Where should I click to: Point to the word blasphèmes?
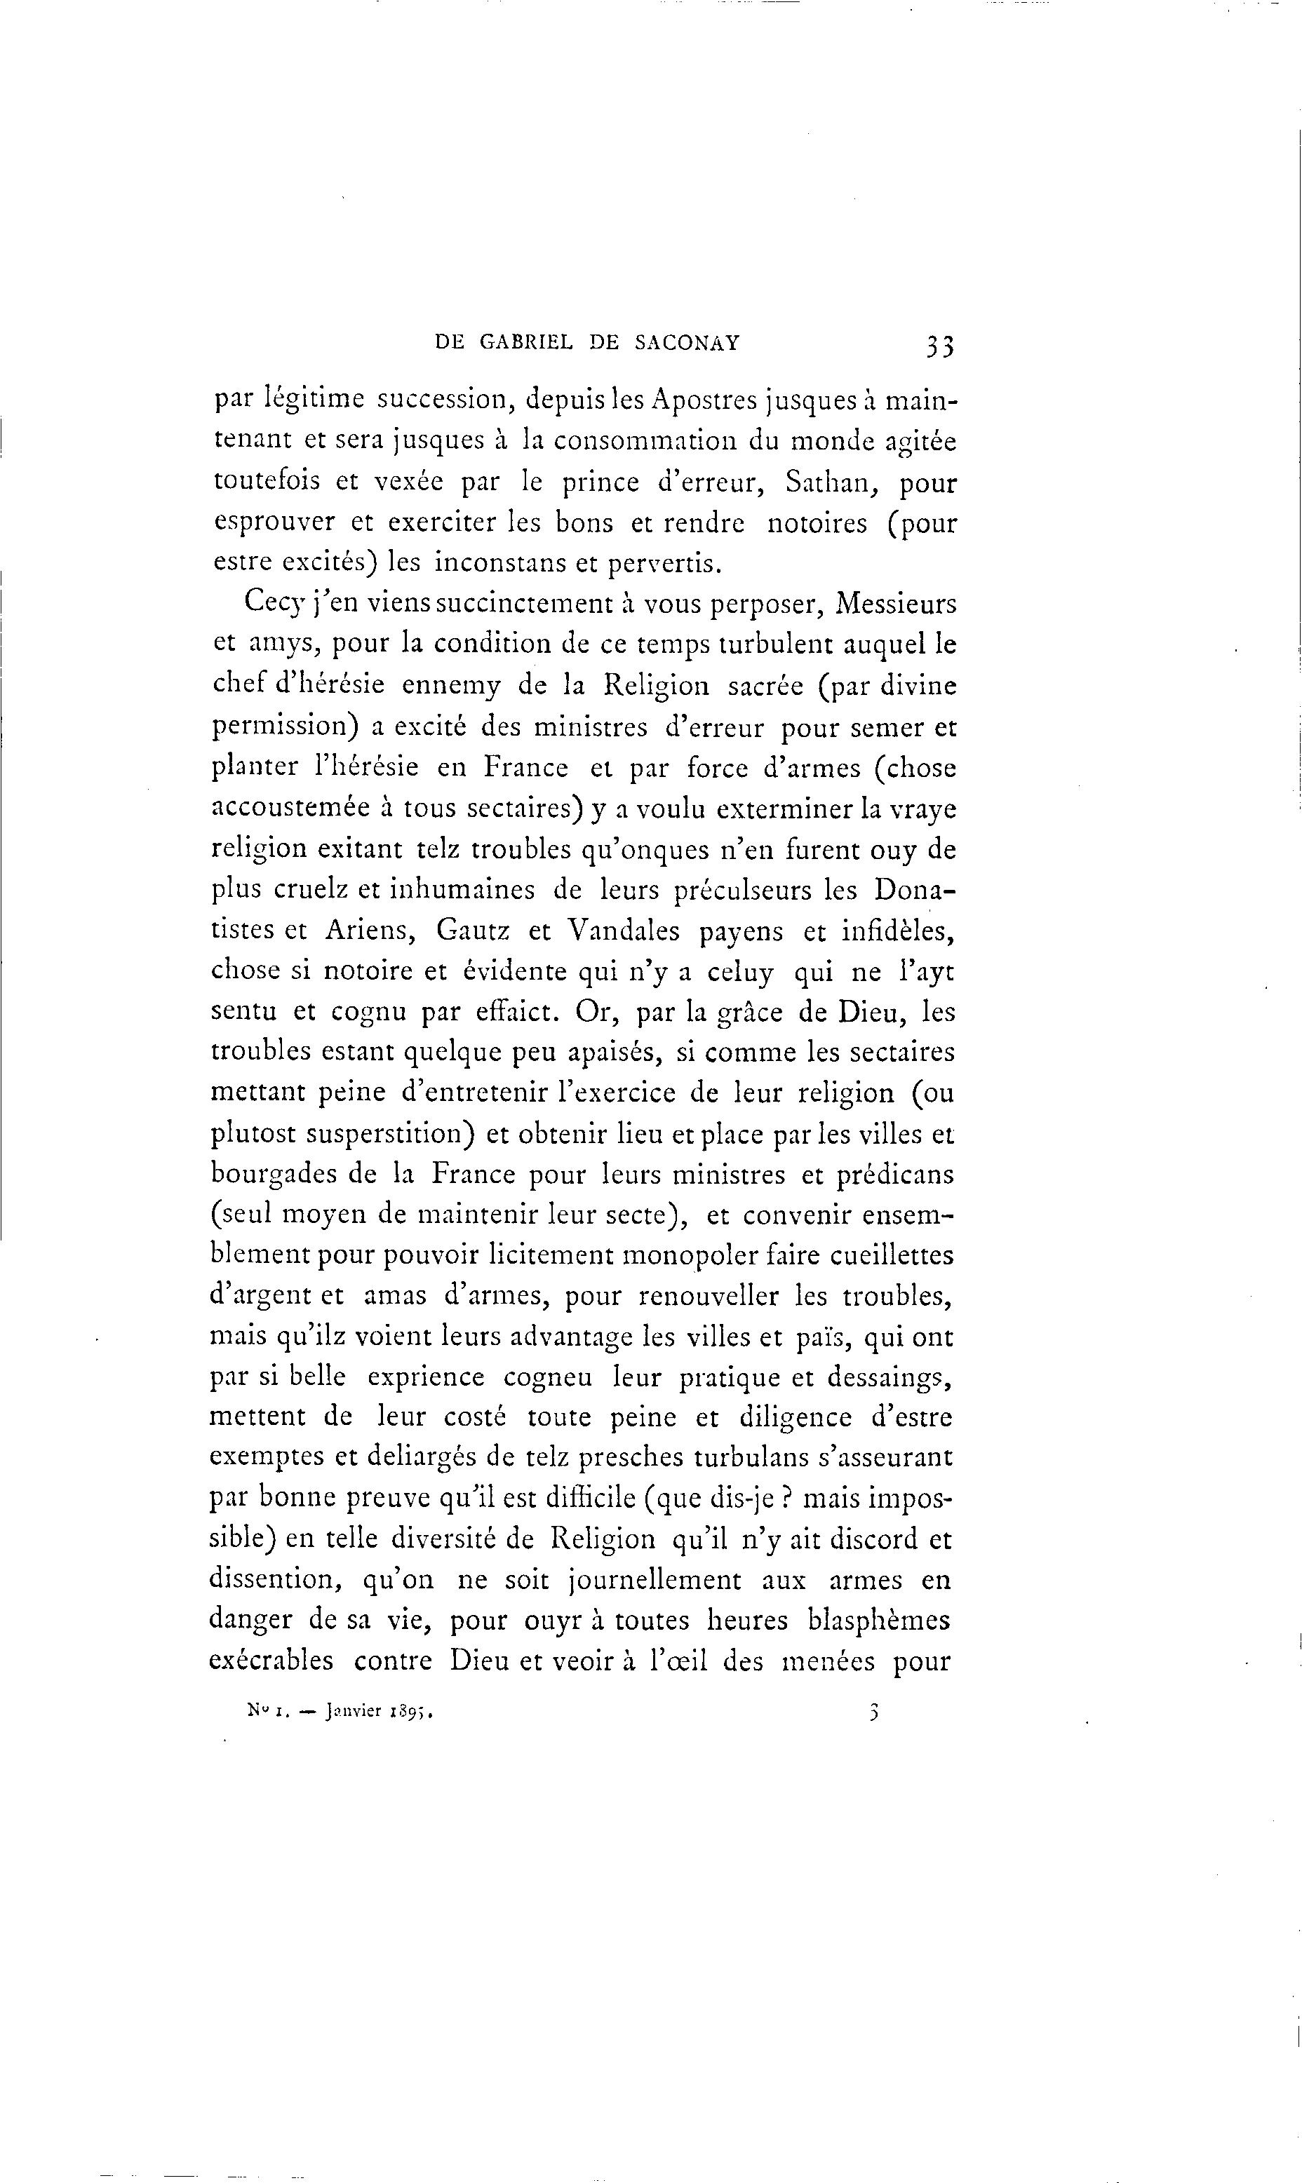878,1620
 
